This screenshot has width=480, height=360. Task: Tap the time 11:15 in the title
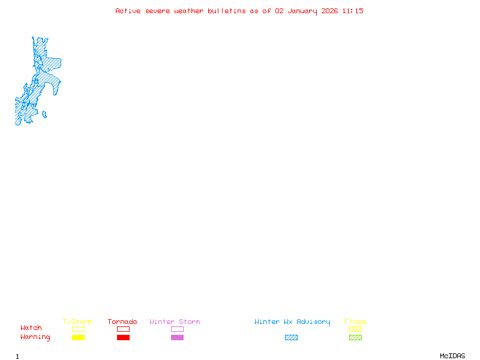(353, 11)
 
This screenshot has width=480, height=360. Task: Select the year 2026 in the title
(330, 11)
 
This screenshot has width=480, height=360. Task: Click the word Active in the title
(128, 11)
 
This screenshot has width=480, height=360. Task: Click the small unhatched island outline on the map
(44, 115)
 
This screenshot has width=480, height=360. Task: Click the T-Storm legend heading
(77, 322)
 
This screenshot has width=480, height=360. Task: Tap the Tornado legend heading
(122, 322)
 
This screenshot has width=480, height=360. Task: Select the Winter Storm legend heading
(175, 322)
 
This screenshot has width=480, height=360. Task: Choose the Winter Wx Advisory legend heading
(292, 322)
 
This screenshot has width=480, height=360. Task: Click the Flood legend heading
(355, 322)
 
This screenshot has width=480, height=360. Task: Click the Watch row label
(31, 328)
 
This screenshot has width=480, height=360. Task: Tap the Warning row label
(35, 337)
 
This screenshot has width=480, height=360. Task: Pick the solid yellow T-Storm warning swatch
(78, 338)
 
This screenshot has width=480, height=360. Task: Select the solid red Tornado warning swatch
(123, 338)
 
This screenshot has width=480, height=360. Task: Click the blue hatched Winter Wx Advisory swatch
(291, 338)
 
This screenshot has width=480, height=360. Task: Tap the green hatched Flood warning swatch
(355, 338)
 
